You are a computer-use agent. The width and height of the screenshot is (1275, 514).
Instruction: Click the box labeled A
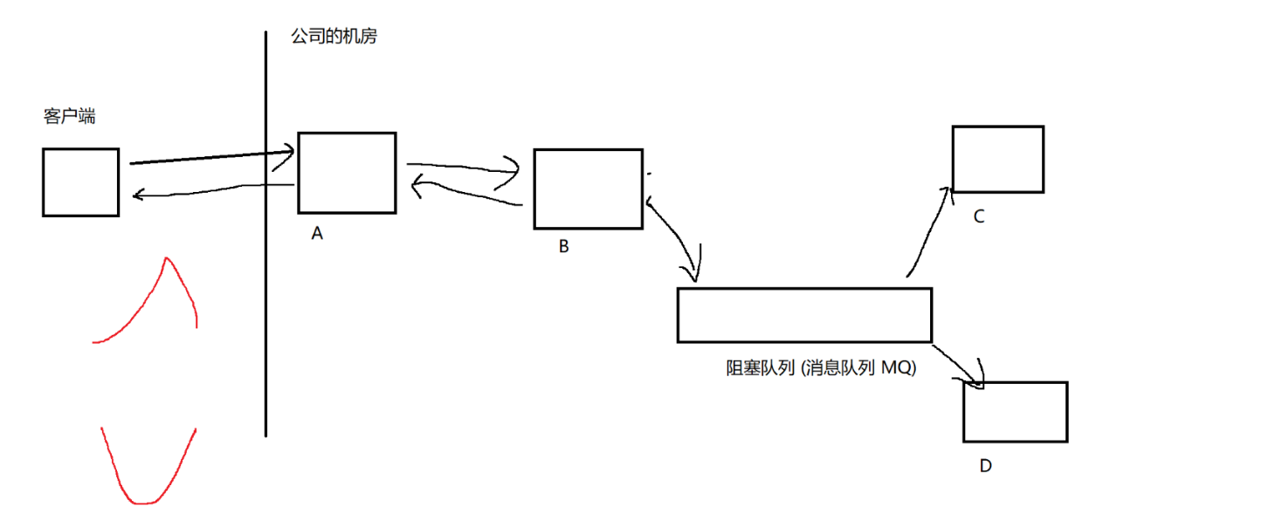click(347, 173)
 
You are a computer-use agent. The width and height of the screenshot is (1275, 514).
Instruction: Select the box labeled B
click(588, 188)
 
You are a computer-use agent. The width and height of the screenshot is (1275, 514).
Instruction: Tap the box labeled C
click(997, 159)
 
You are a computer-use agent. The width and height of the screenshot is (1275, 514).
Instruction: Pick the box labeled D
click(1015, 412)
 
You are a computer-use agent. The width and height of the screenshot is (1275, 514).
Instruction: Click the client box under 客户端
click(80, 182)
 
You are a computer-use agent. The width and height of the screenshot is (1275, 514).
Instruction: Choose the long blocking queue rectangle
click(804, 315)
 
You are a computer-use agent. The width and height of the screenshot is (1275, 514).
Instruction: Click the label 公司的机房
click(334, 37)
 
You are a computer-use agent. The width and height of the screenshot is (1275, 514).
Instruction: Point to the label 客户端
click(69, 116)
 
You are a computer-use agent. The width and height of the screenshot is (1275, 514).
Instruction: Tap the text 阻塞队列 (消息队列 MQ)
click(820, 367)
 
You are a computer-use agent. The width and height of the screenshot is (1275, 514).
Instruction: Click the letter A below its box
click(317, 234)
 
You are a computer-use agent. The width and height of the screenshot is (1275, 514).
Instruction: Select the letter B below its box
click(563, 247)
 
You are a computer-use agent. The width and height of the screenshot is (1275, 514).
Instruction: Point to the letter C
click(978, 217)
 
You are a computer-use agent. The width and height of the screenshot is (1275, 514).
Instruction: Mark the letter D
click(985, 466)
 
